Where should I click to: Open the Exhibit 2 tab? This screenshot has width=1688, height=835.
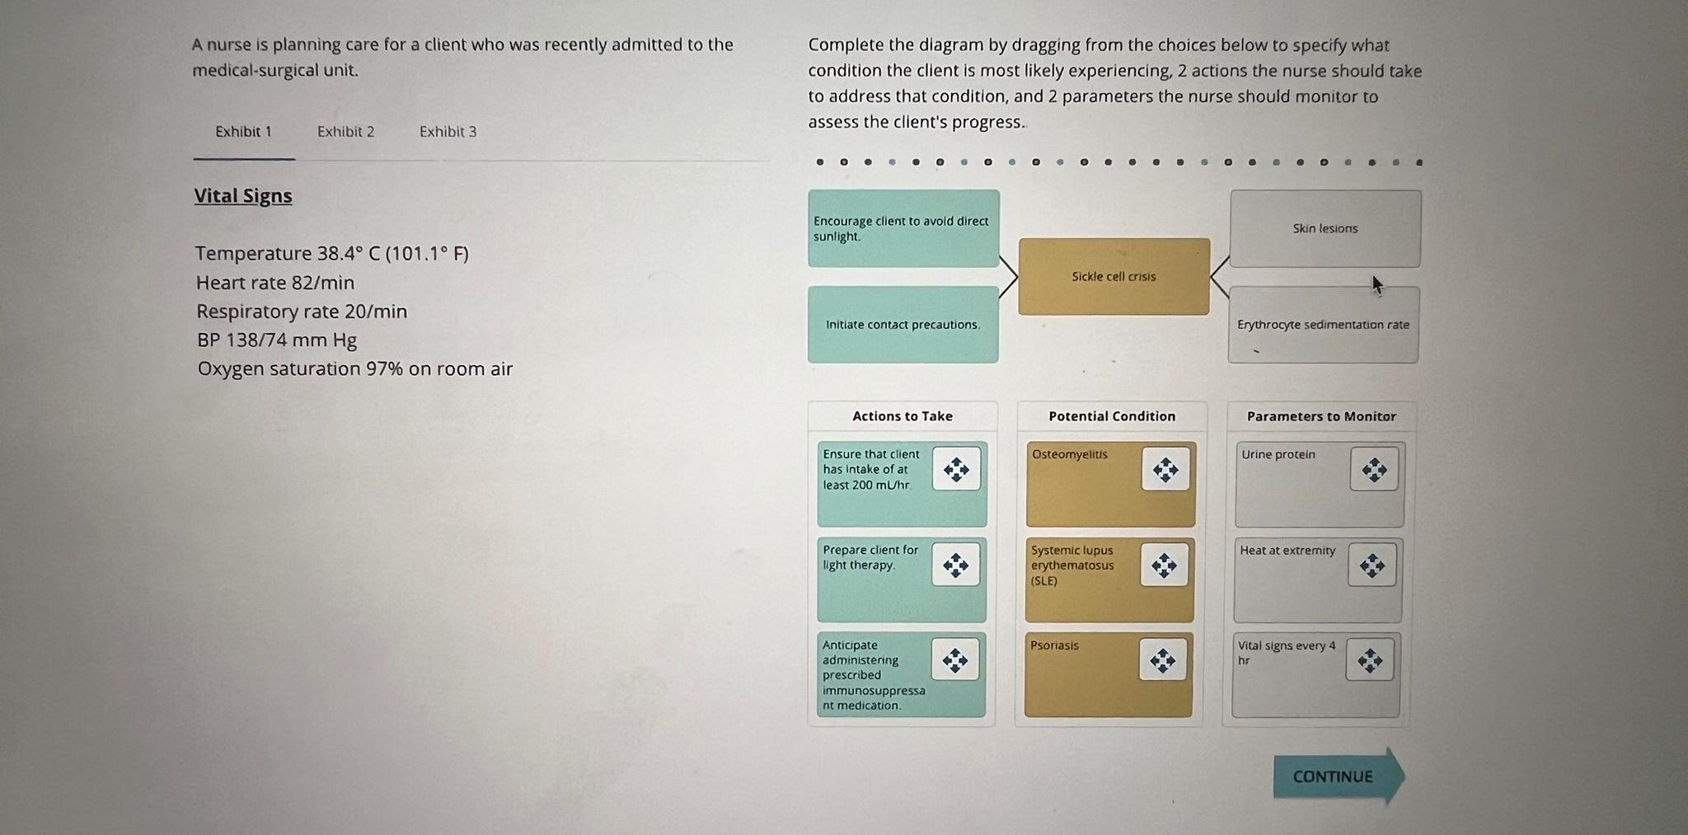pyautogui.click(x=345, y=132)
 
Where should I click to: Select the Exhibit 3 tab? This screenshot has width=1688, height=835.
pyautogui.click(x=448, y=132)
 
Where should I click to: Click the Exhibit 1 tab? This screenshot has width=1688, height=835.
pyautogui.click(x=243, y=132)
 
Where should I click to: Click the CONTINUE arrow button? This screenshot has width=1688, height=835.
pyautogui.click(x=1335, y=776)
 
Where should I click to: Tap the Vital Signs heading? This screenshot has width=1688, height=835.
pyautogui.click(x=243, y=196)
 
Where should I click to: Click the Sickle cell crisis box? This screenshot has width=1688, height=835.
pyautogui.click(x=1114, y=277)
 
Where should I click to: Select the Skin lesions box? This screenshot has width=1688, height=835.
pyautogui.click(x=1325, y=228)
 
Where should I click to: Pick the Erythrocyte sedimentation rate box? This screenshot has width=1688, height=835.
pyautogui.click(x=1323, y=325)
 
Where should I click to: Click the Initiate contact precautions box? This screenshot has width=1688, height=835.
pyautogui.click(x=903, y=325)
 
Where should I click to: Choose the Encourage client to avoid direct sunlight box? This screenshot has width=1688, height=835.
pyautogui.click(x=903, y=228)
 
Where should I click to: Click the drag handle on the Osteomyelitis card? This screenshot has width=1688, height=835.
pyautogui.click(x=1165, y=470)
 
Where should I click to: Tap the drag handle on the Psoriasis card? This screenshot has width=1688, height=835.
pyautogui.click(x=1163, y=660)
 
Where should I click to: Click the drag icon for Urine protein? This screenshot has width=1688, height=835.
pyautogui.click(x=1374, y=470)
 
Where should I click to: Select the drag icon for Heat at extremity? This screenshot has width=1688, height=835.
pyautogui.click(x=1372, y=565)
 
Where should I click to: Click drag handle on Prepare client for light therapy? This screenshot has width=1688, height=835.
pyautogui.click(x=956, y=565)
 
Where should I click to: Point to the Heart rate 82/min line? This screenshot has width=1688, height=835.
pyautogui.click(x=275, y=283)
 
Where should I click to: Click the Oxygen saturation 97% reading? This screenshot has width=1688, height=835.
pyautogui.click(x=354, y=368)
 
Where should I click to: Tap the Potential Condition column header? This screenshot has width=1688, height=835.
pyautogui.click(x=1112, y=416)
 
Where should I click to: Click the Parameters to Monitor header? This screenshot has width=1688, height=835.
pyautogui.click(x=1321, y=416)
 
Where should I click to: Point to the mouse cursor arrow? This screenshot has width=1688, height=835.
pyautogui.click(x=1376, y=285)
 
